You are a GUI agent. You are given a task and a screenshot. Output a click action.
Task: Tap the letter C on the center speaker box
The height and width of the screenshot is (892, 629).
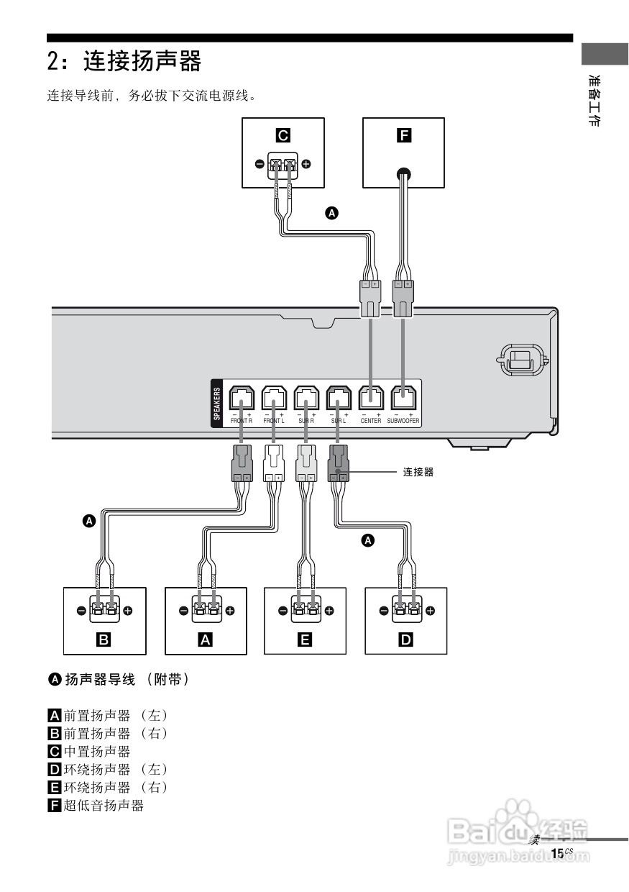tap(283, 135)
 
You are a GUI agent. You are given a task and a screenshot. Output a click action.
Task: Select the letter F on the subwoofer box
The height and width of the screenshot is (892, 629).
tap(404, 135)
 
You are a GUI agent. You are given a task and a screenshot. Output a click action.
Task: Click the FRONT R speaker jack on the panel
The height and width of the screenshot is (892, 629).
tap(241, 398)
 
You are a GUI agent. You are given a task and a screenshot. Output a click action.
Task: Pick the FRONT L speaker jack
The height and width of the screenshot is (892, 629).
tap(274, 398)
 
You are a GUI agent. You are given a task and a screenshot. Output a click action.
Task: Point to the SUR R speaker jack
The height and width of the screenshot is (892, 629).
tap(306, 398)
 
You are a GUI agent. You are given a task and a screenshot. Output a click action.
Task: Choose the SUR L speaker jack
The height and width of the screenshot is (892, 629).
tap(339, 398)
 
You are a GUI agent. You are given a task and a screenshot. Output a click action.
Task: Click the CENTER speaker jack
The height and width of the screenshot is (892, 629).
tap(371, 398)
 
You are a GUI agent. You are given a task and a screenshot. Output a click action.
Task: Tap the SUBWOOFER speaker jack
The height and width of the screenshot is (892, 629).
tap(403, 398)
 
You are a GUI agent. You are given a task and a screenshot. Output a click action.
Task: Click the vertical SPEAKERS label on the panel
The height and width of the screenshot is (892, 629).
tap(217, 404)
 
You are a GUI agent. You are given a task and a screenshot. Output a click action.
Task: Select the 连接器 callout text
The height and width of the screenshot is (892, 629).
tap(418, 473)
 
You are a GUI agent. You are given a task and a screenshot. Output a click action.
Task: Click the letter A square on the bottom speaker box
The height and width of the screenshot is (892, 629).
tap(206, 639)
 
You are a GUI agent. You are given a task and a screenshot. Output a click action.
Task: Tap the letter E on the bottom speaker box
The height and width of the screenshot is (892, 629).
tap(305, 639)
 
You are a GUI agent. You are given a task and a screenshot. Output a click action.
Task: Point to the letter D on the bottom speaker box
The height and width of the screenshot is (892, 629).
tap(406, 639)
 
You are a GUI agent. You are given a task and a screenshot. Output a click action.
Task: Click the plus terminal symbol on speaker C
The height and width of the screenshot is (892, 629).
tap(306, 164)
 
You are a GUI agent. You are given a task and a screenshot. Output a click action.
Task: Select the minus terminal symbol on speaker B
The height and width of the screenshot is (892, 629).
tap(81, 611)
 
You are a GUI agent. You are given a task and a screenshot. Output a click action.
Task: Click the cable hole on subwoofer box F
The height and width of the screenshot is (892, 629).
tap(404, 173)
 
